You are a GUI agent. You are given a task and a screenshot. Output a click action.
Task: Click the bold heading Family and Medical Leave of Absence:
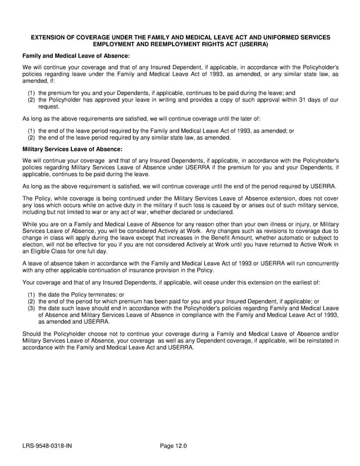(76, 56)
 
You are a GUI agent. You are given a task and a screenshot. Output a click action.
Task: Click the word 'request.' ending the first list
(49, 106)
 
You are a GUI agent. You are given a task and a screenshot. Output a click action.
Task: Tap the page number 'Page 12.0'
(173, 446)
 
